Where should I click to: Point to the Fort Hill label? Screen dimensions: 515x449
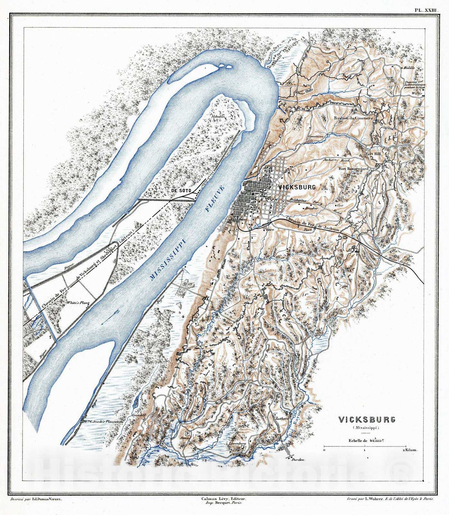click(373, 154)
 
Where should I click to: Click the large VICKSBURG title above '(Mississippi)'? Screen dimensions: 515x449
click(366, 420)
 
